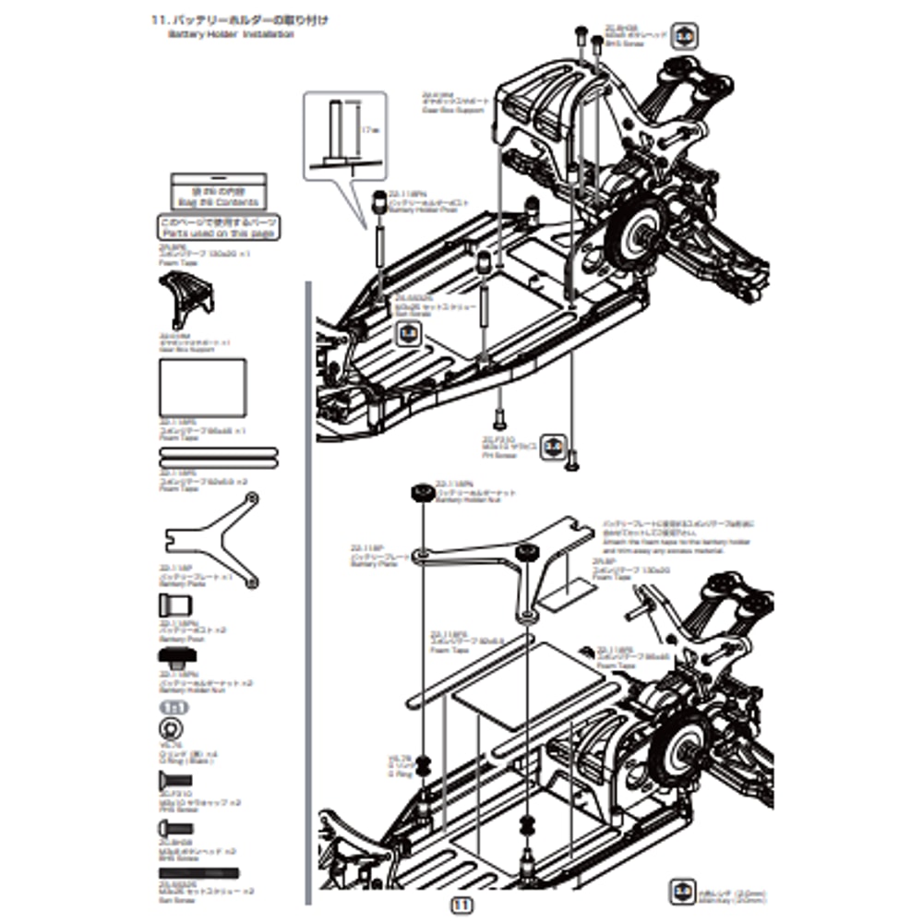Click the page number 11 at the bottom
pos(461,905)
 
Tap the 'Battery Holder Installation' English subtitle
pos(231,34)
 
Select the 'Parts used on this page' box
pos(219,228)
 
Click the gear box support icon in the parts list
pos(187,295)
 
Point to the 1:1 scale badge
pos(173,707)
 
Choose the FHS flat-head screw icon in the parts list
pos(174,781)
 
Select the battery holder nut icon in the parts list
pos(174,658)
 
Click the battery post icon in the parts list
pos(174,605)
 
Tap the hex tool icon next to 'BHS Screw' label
pos(685,35)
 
